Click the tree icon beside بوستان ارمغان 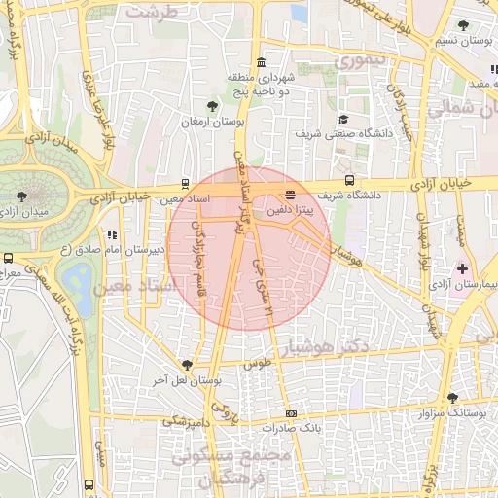[x=213, y=105]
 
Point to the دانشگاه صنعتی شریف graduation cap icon [x=341, y=120]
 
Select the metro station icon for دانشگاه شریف [x=348, y=181]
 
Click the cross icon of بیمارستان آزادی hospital [x=462, y=267]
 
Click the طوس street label [x=258, y=365]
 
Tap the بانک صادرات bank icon [x=291, y=413]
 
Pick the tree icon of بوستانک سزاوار [x=452, y=397]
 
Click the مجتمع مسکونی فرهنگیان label [x=231, y=466]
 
